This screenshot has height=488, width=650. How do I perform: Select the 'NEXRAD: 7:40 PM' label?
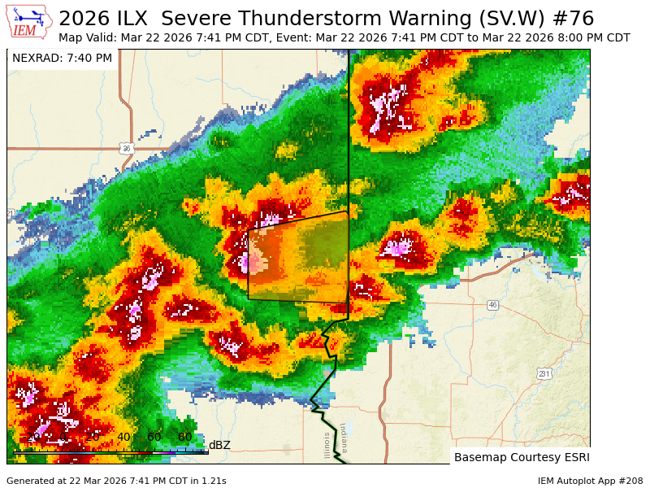pyautogui.click(x=63, y=58)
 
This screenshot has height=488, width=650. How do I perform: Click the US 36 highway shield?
pyautogui.click(x=126, y=148)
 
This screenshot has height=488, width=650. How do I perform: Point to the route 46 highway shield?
pyautogui.click(x=492, y=305)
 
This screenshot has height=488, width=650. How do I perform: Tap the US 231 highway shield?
pyautogui.click(x=544, y=373)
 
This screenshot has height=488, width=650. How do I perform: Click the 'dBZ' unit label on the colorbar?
pyautogui.click(x=219, y=445)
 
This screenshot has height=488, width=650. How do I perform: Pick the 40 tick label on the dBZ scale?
pyautogui.click(x=123, y=438)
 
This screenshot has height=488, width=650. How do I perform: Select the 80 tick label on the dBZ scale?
pyautogui.click(x=185, y=438)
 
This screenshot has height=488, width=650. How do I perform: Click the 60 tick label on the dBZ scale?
pyautogui.click(x=154, y=438)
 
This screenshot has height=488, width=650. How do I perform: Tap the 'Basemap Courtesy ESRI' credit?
pyautogui.click(x=521, y=457)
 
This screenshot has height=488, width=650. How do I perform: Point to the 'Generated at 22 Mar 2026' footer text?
pyautogui.click(x=116, y=481)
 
